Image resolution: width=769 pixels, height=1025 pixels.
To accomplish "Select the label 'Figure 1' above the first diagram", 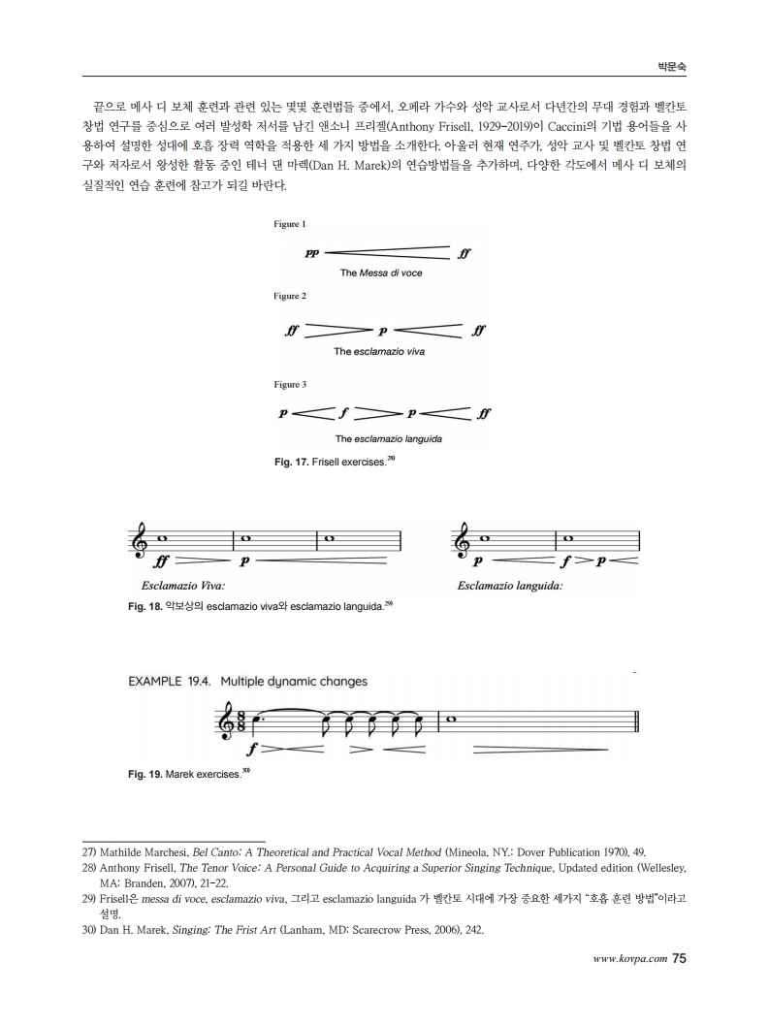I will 290,224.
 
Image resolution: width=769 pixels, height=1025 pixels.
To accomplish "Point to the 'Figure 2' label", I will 290,295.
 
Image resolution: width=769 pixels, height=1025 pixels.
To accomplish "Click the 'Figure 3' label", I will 290,385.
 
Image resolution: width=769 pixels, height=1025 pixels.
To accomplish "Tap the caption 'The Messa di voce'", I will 381,272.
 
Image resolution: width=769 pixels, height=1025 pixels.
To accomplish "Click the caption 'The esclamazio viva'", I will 379,351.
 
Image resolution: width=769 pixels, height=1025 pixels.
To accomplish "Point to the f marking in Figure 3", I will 343,413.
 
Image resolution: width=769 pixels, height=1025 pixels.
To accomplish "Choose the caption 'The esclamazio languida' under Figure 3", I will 389,439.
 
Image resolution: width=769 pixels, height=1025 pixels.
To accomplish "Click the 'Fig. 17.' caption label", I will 292,462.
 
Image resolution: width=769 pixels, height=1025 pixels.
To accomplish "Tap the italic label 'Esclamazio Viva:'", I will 183,586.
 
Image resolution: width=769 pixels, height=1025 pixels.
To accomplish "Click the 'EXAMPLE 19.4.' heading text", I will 171,682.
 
